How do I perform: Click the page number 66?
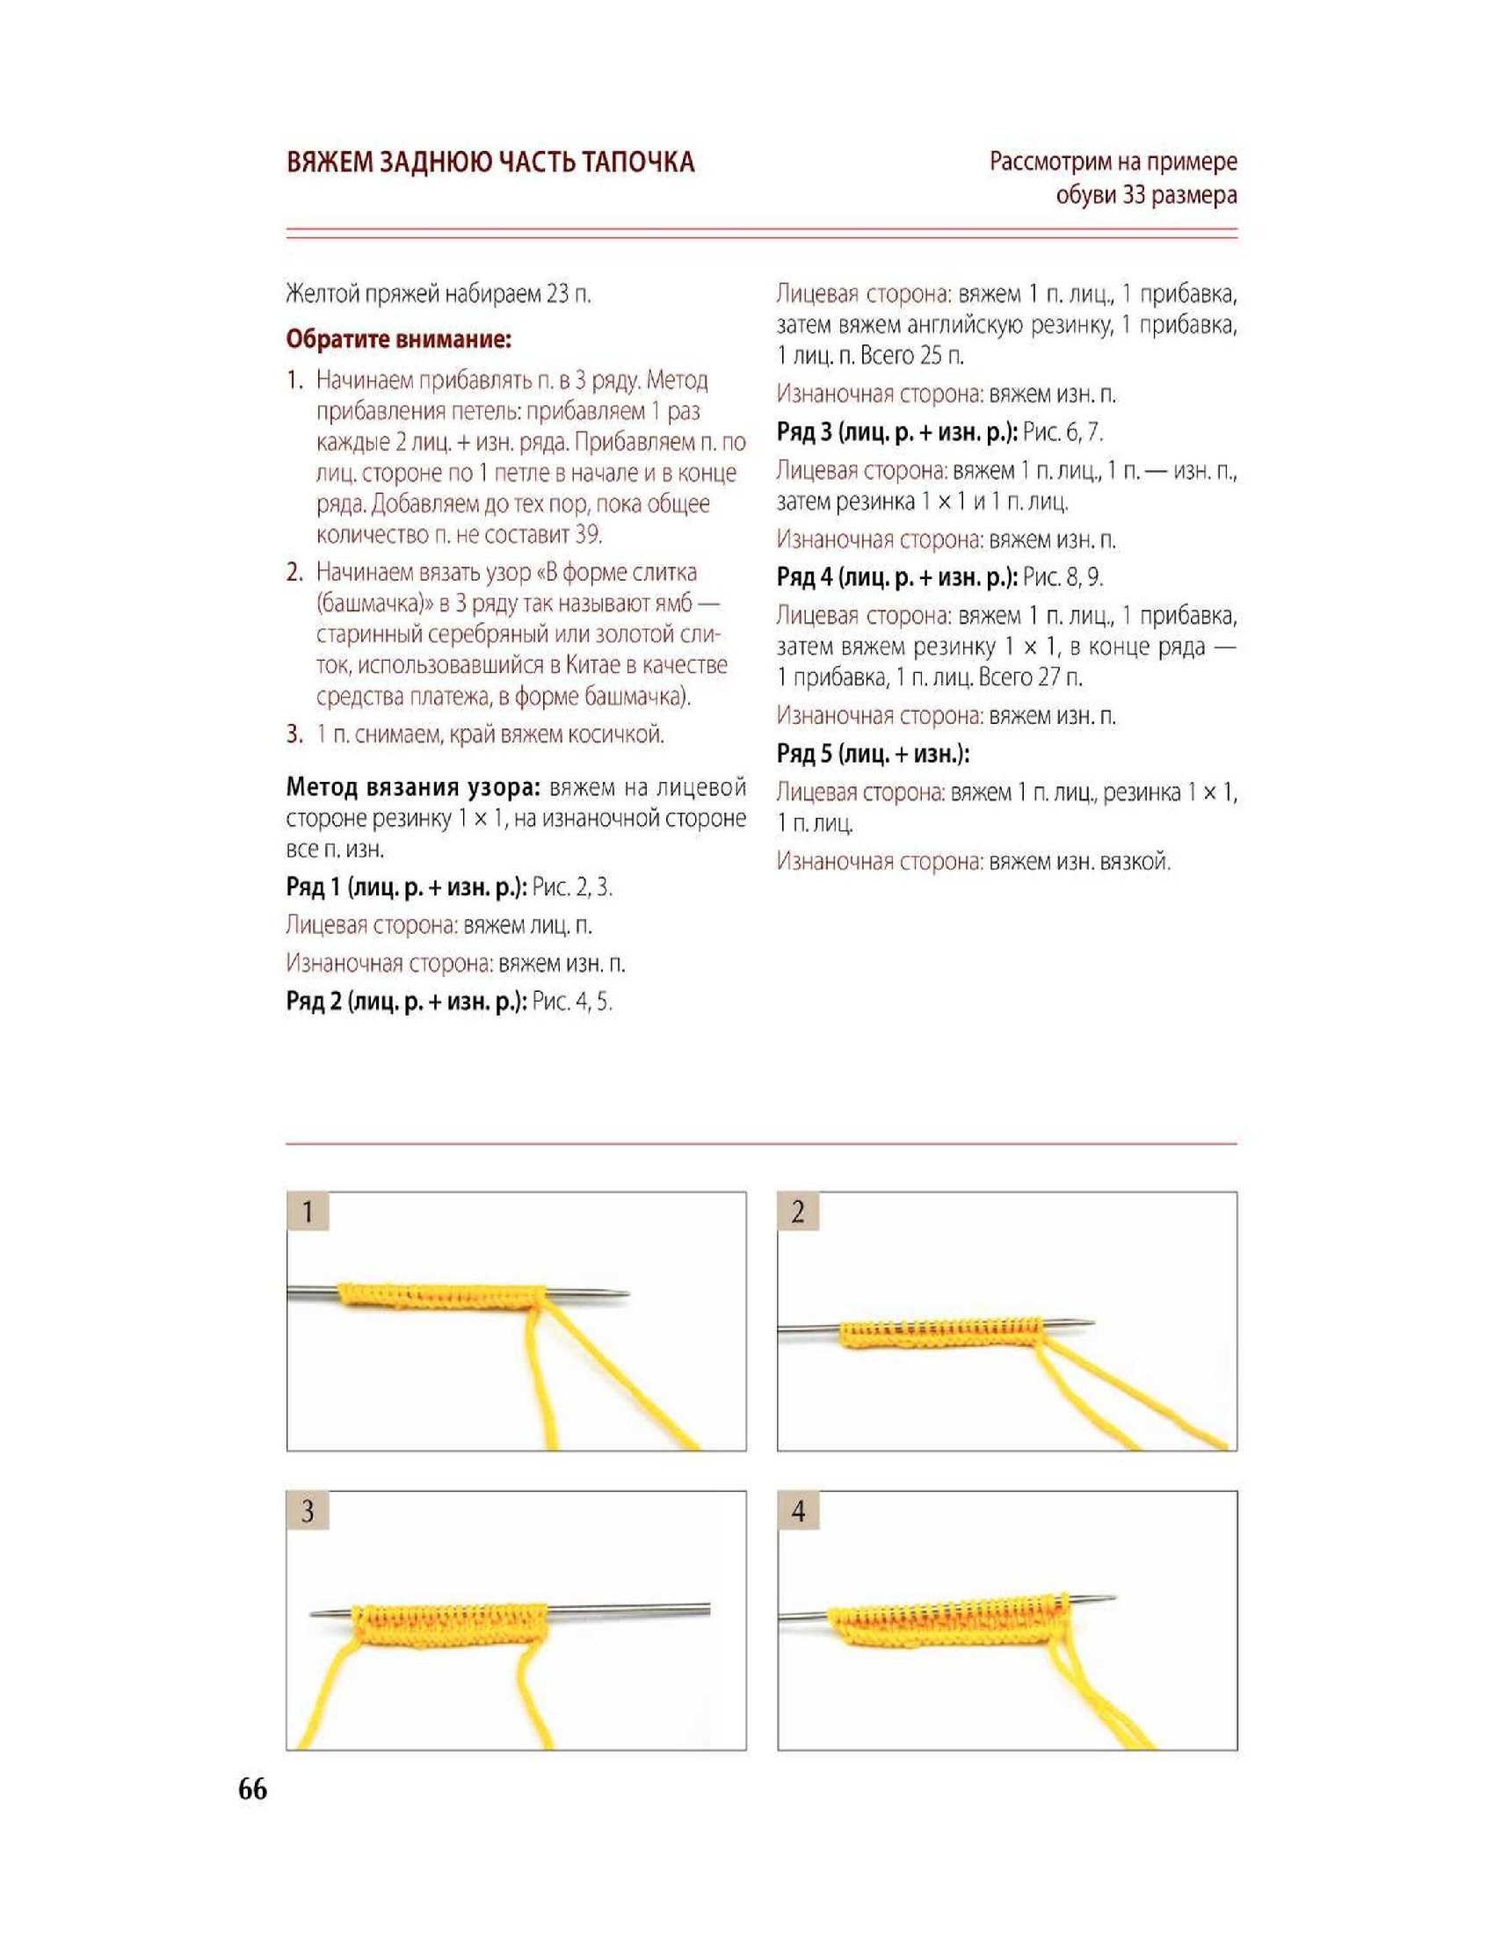click(x=252, y=1790)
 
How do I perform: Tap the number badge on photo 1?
click(x=308, y=1211)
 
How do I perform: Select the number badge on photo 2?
click(x=798, y=1211)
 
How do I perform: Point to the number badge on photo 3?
click(x=308, y=1509)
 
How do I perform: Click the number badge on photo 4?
click(x=798, y=1509)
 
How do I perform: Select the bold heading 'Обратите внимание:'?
click(x=398, y=339)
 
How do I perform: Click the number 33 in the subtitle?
click(x=1135, y=195)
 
